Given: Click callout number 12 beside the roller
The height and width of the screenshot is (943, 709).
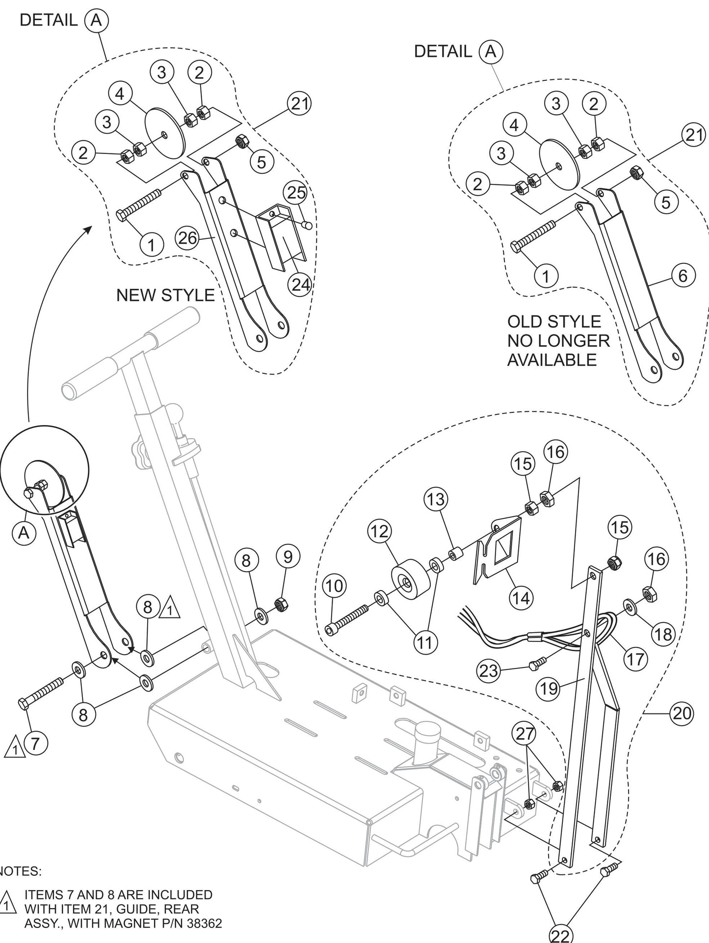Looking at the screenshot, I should pyautogui.click(x=379, y=532).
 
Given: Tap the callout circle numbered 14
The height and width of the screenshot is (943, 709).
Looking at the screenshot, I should pyautogui.click(x=522, y=598).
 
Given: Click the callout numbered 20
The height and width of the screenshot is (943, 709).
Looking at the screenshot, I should pyautogui.click(x=682, y=714).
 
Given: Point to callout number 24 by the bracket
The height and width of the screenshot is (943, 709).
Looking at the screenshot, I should pyautogui.click(x=299, y=284).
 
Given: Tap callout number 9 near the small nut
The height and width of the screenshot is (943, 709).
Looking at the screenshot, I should pyautogui.click(x=288, y=557).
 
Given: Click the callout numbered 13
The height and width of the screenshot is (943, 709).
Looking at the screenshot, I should pyautogui.click(x=436, y=499).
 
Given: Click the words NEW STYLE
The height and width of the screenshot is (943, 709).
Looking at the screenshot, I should pyautogui.click(x=165, y=295).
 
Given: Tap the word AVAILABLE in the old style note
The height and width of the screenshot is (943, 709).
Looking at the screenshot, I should pyautogui.click(x=551, y=360).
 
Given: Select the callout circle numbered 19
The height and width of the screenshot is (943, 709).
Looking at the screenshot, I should pyautogui.click(x=550, y=689).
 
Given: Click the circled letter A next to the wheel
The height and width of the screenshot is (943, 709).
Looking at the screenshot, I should pyautogui.click(x=24, y=533).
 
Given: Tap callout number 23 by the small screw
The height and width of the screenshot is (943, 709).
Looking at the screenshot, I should pyautogui.click(x=489, y=671).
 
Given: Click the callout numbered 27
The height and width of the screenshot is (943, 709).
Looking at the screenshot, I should pyautogui.click(x=525, y=734).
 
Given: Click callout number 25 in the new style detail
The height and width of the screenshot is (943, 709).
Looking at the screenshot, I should pyautogui.click(x=296, y=193).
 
